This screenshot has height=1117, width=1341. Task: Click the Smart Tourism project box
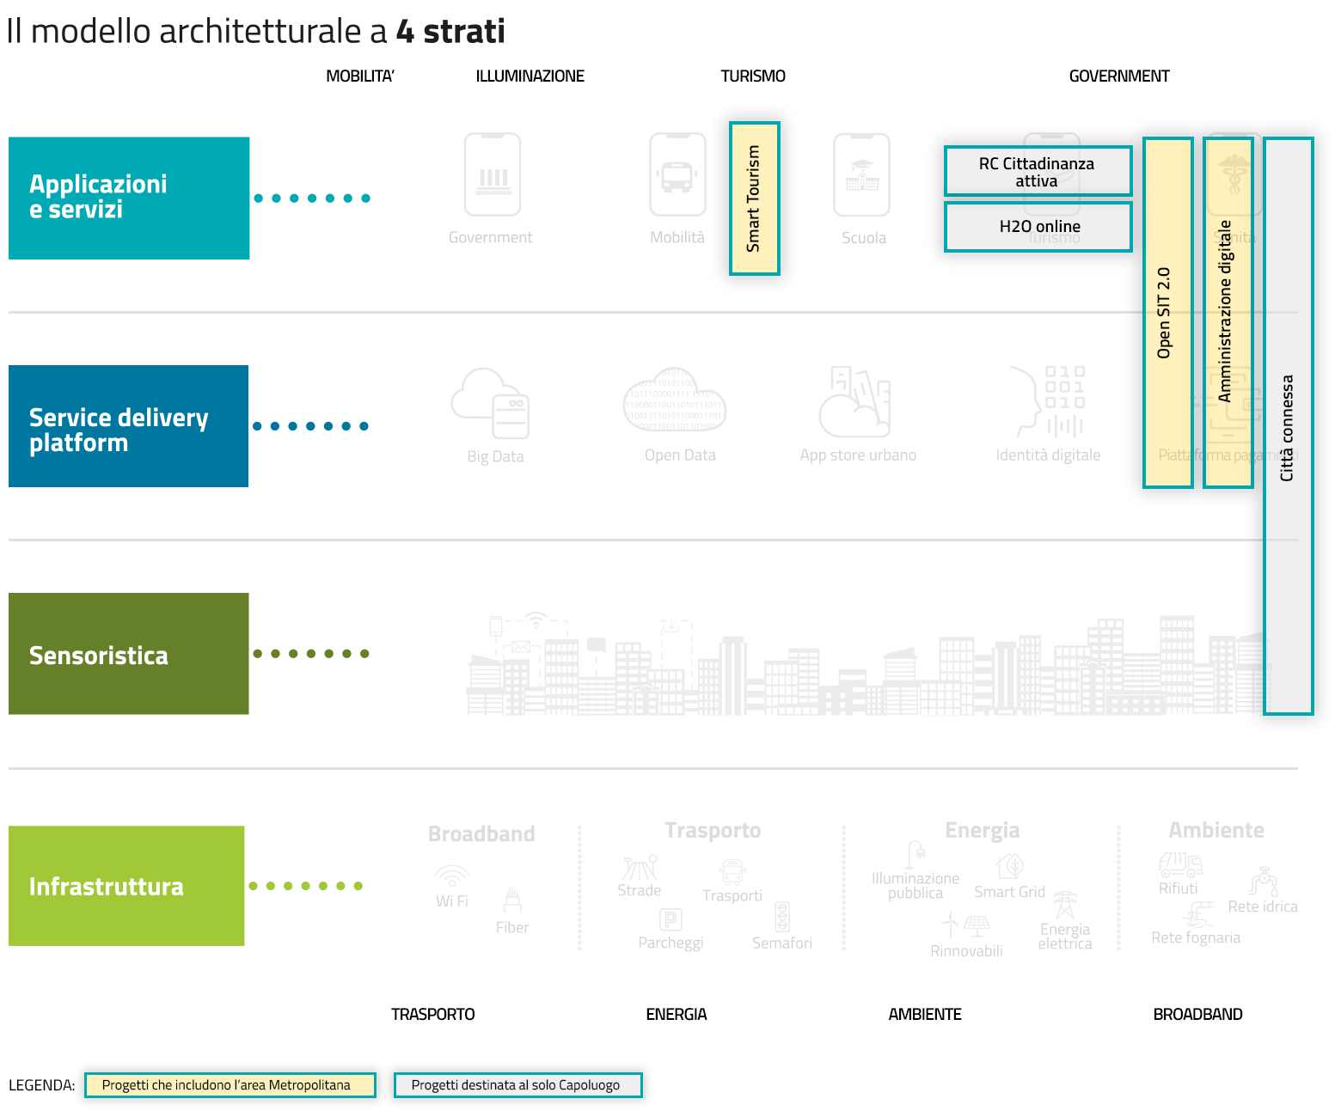point(754,198)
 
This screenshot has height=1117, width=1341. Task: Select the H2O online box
point(1038,227)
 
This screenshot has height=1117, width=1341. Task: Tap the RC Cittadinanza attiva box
point(1038,171)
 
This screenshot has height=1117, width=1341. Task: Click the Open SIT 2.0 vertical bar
point(1167,313)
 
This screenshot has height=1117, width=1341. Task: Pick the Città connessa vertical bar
point(1288,426)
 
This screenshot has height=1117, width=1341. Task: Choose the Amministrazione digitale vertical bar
point(1228,313)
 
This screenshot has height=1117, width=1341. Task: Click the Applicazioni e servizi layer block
point(129,198)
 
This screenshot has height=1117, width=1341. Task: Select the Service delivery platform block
point(128,426)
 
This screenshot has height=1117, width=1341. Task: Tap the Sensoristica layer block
point(128,654)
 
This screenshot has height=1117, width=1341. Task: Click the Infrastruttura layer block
point(126,886)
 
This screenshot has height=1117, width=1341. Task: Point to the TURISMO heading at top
point(753,76)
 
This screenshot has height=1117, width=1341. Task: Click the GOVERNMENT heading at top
point(1118,76)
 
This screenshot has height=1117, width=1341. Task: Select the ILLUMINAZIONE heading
point(530,76)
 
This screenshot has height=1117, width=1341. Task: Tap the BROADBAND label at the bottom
point(1197,1015)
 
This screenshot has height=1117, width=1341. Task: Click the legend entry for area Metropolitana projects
point(230,1085)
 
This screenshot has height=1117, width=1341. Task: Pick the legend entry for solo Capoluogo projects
point(517,1085)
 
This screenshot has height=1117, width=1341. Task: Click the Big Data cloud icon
point(491,404)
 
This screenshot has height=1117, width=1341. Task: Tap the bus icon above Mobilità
point(677,175)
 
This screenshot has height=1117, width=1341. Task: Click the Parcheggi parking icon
point(670,919)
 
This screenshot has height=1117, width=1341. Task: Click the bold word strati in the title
point(464,32)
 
